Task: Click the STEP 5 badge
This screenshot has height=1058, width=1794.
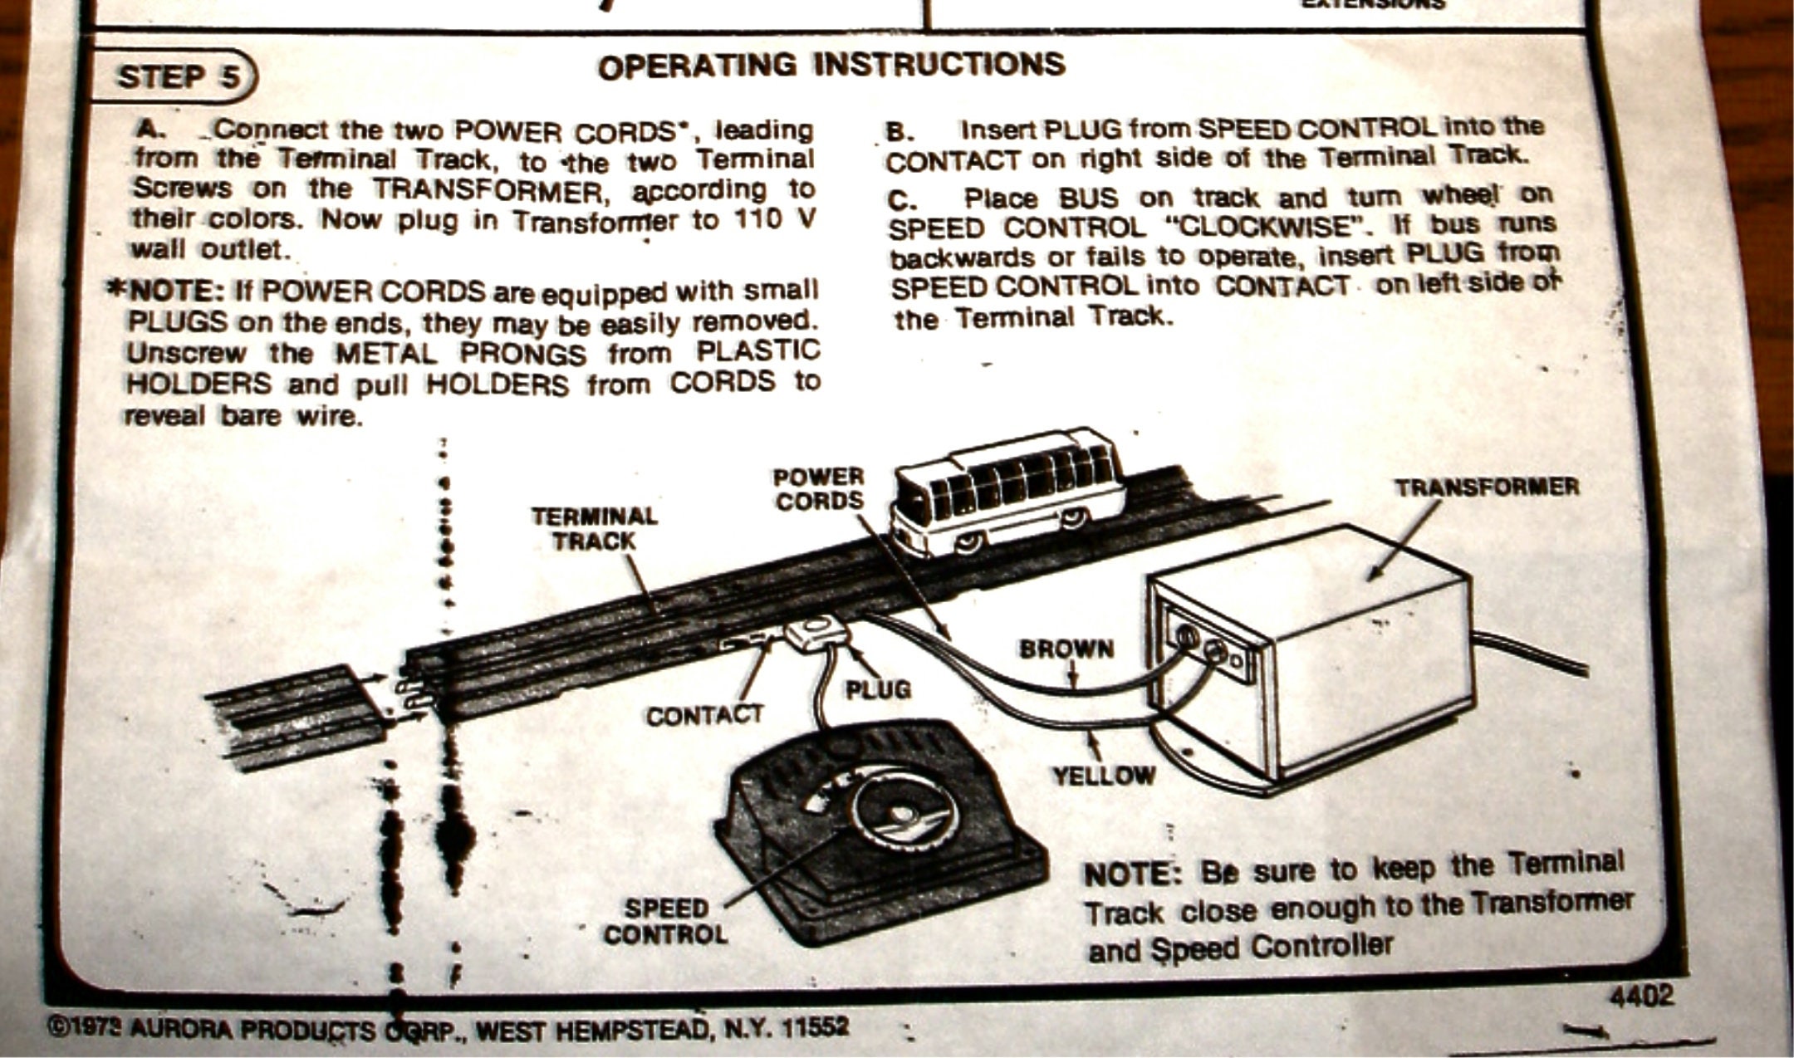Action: [x=176, y=77]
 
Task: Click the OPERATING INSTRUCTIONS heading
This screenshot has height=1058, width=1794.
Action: [x=831, y=66]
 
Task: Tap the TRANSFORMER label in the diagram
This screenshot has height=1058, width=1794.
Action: [x=1486, y=487]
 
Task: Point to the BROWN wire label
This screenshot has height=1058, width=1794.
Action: [x=1066, y=649]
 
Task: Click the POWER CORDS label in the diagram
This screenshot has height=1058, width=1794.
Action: [x=819, y=489]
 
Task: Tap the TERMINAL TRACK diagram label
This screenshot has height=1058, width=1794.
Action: [x=595, y=529]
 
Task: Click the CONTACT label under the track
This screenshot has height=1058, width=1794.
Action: [x=704, y=716]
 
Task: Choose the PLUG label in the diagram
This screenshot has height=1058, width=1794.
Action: [x=878, y=689]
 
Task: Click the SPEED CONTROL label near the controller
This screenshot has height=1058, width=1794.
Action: [x=666, y=922]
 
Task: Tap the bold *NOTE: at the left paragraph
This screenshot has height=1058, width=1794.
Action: [x=166, y=291]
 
